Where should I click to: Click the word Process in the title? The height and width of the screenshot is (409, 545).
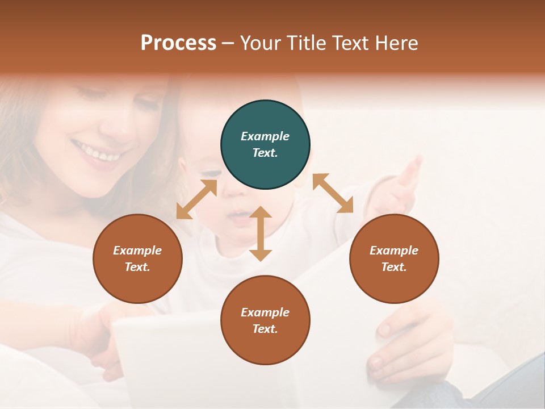coord(178,43)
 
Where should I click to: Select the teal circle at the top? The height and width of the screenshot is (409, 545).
coord(265,145)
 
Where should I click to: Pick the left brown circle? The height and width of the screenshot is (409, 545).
coord(137,258)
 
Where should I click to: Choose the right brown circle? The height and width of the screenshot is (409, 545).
coord(394,258)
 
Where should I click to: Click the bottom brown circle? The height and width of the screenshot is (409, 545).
coord(265,320)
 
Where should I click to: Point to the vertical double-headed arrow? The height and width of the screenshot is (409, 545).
coord(261,233)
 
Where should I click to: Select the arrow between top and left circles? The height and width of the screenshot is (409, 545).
coord(196,199)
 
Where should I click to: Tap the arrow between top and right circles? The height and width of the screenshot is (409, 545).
coord(333,193)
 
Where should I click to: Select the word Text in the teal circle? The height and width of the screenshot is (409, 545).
coord(265,153)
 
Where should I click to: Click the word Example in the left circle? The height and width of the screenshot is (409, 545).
coord(137,251)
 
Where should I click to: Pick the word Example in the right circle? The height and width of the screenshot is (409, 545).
coord(394,251)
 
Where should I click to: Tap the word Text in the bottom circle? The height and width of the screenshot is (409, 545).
coord(265,329)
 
